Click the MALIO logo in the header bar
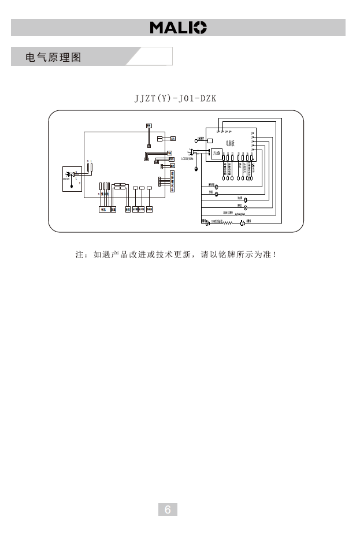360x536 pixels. point(179,28)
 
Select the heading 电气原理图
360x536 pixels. point(53,58)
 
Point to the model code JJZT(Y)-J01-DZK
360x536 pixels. point(175,98)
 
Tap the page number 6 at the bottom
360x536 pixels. point(168,509)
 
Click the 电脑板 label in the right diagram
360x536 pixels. point(230,142)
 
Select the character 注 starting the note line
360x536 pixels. point(80,255)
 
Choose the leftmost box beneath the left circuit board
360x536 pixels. point(103,209)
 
